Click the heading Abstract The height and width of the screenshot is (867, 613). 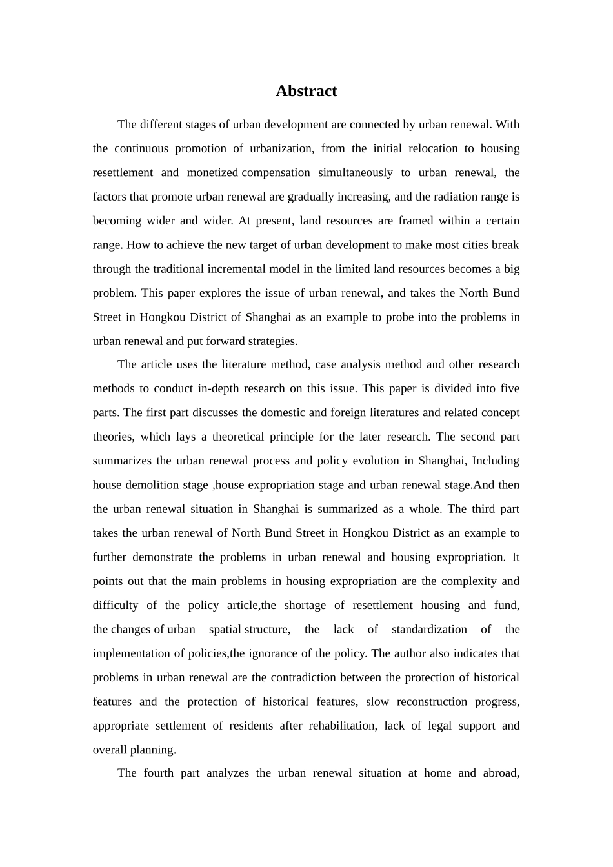(x=306, y=91)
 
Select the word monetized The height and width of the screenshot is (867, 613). (x=212, y=172)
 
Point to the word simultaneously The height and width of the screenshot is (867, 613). (x=355, y=172)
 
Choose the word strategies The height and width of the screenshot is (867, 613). (x=269, y=341)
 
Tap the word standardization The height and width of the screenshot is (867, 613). (x=429, y=630)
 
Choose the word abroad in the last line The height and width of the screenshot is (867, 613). (x=501, y=773)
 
